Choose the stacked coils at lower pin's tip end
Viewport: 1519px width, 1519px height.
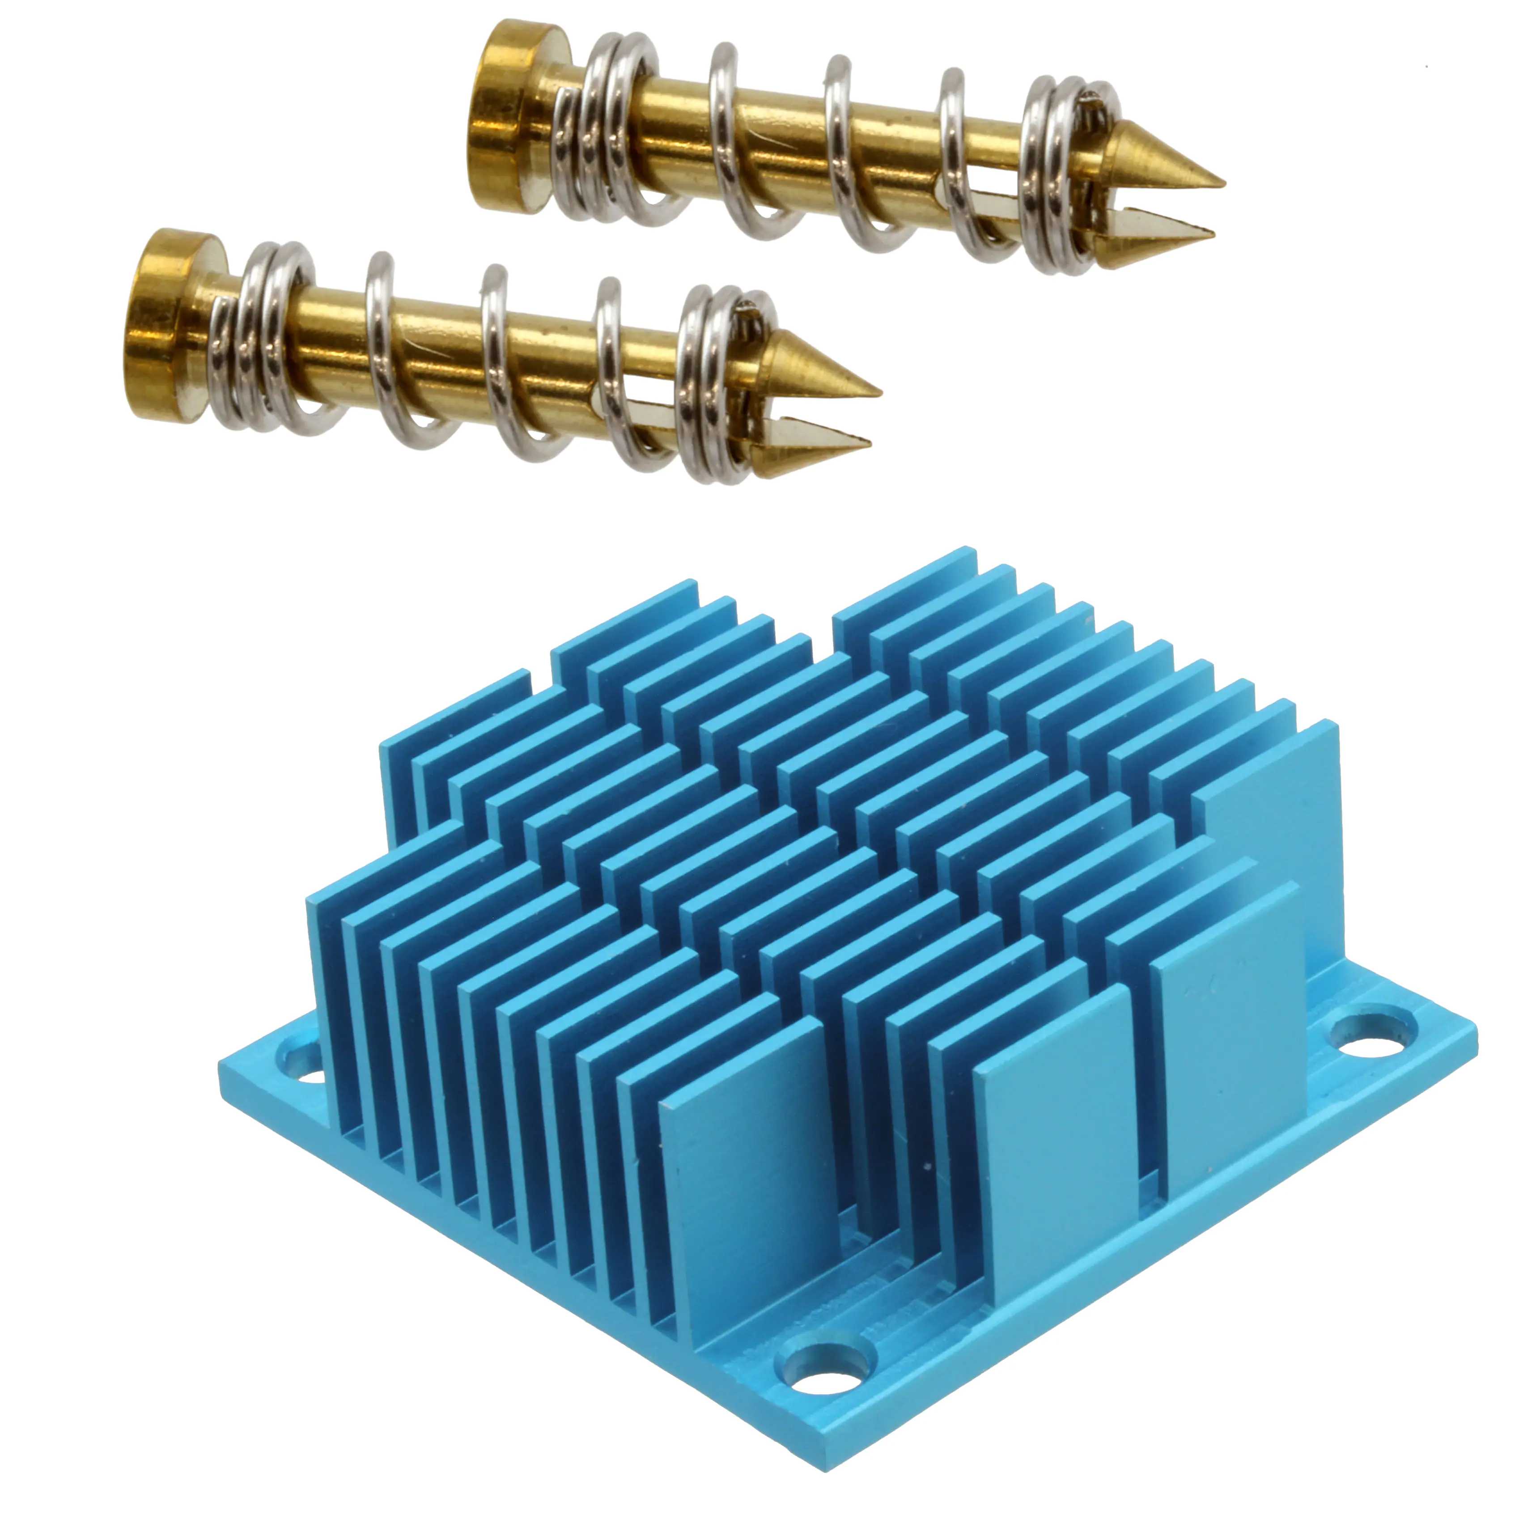click(x=712, y=385)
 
